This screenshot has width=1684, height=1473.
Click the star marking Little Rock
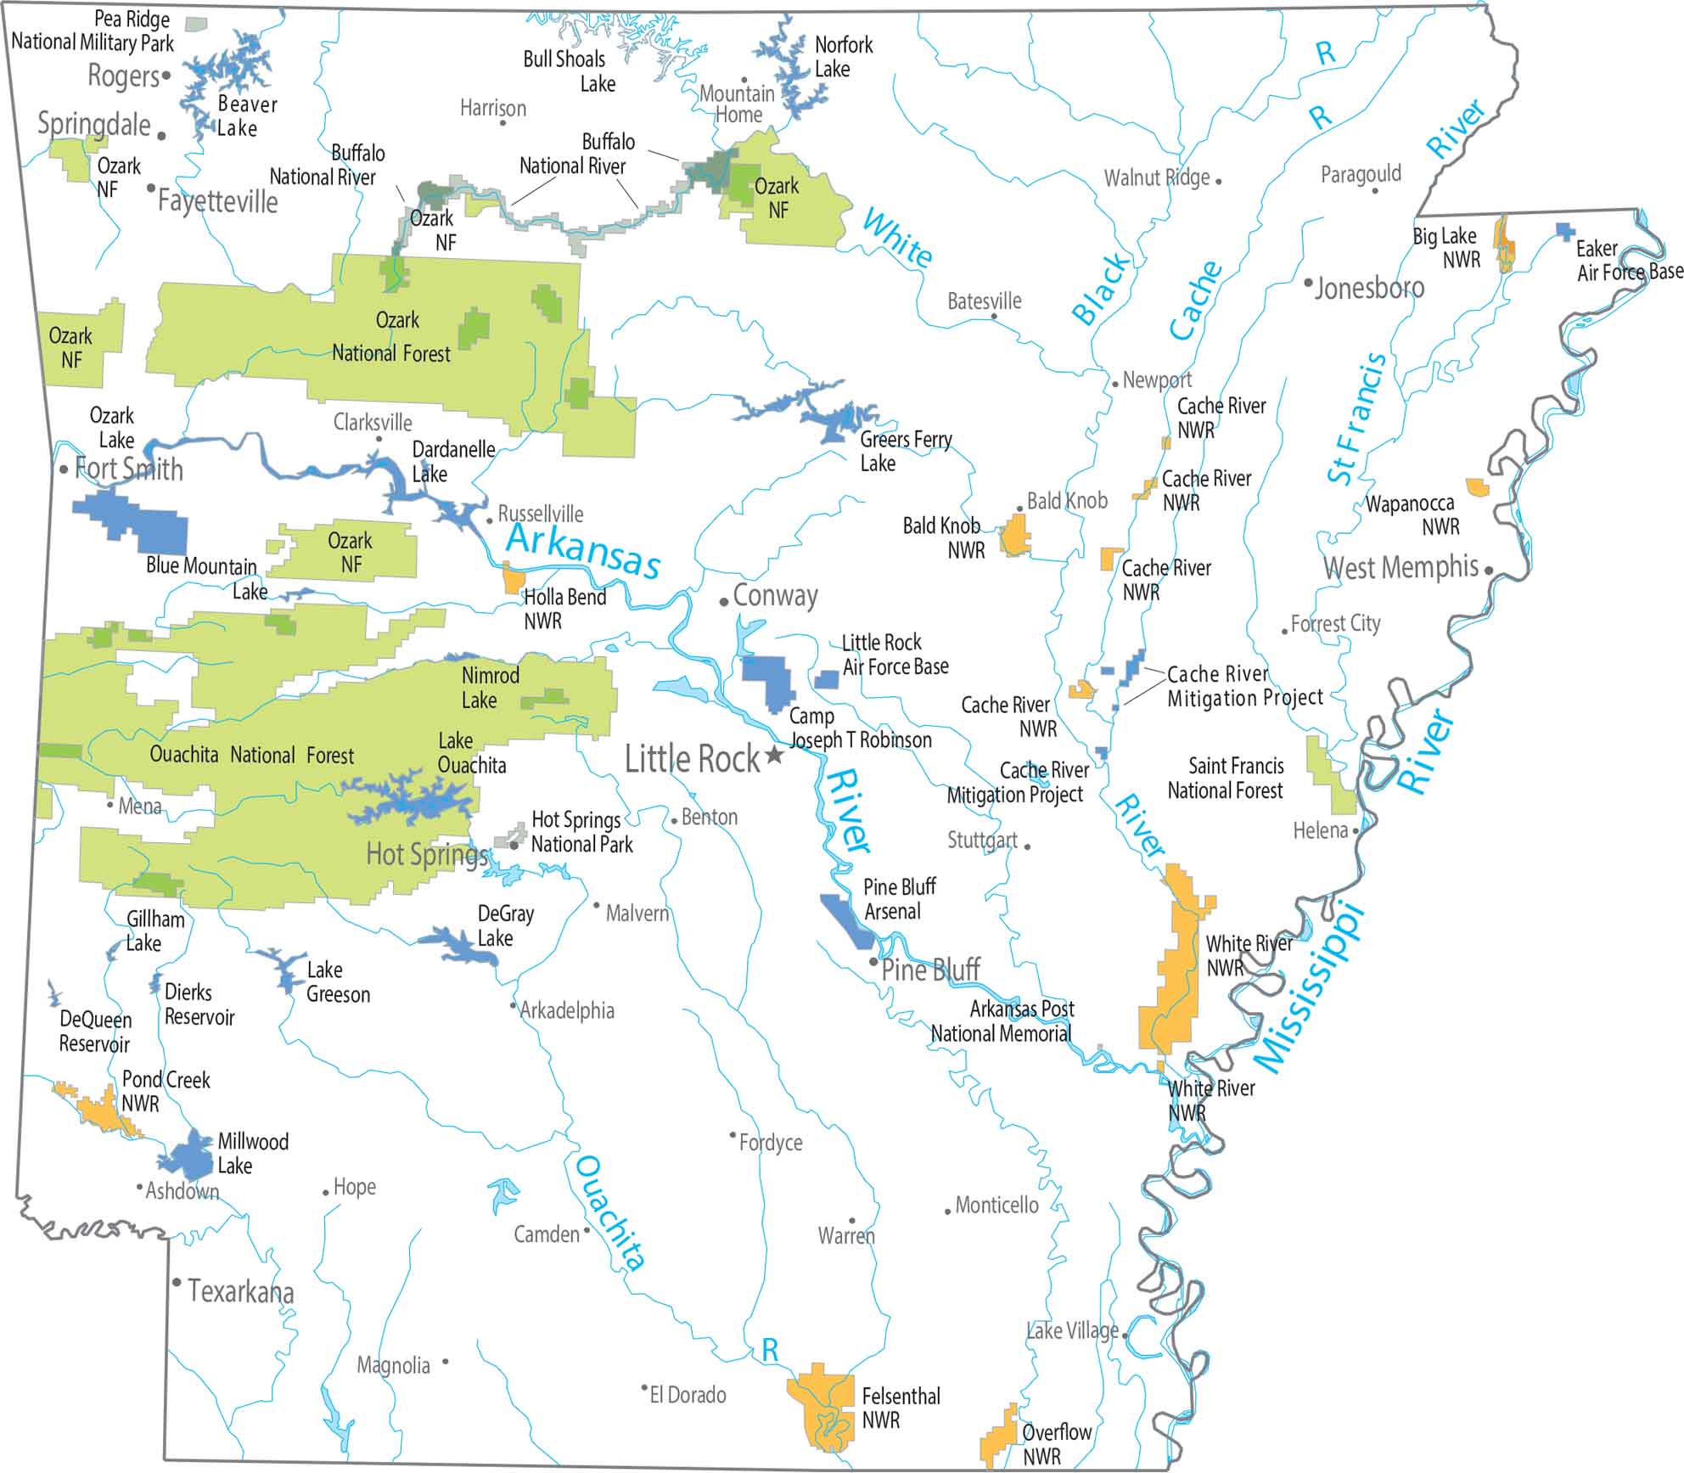(x=774, y=755)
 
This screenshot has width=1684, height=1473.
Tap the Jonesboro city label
(x=1369, y=288)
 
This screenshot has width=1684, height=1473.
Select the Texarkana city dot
(x=177, y=1282)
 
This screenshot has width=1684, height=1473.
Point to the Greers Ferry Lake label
(x=905, y=451)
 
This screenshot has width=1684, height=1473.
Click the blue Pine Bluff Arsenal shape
(x=846, y=921)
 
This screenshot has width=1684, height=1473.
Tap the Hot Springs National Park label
(x=581, y=832)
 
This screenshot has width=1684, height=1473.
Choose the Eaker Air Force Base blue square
(x=1565, y=231)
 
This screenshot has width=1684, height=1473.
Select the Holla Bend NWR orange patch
(x=514, y=578)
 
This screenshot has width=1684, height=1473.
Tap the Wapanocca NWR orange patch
(x=1478, y=487)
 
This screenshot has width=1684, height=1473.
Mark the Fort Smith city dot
(x=64, y=469)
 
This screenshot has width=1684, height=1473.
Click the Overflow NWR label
(x=1055, y=1443)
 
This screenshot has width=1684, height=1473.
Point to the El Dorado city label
(x=688, y=1395)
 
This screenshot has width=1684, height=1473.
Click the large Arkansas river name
(x=583, y=550)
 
